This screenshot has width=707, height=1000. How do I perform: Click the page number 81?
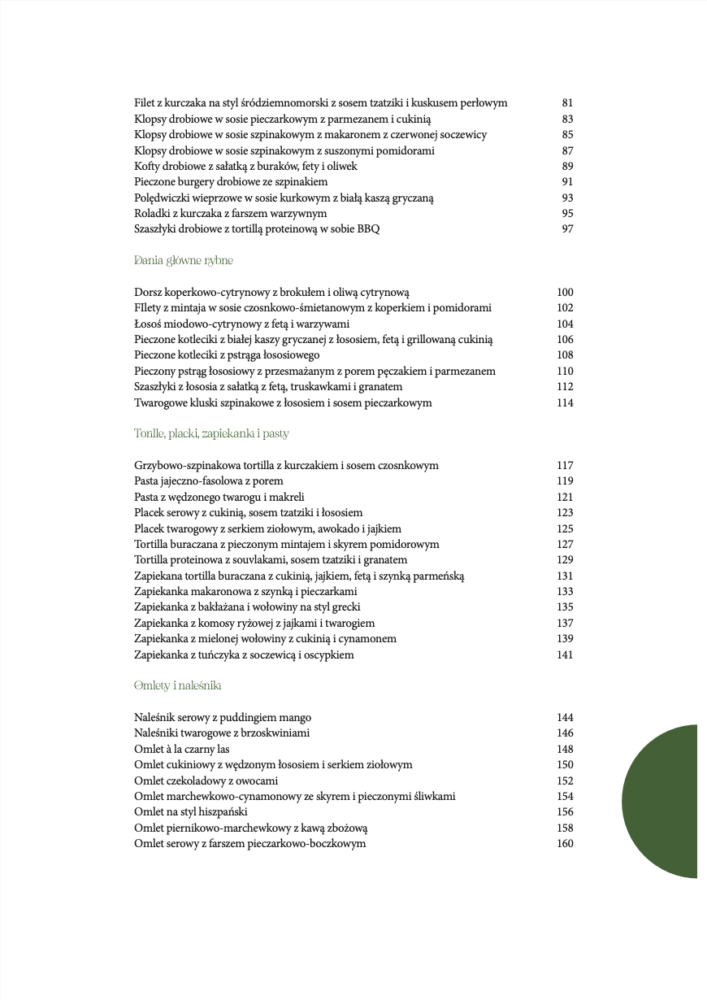click(567, 103)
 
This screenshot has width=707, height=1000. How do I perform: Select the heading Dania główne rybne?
click(184, 261)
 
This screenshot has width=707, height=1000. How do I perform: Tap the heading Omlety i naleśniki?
click(178, 686)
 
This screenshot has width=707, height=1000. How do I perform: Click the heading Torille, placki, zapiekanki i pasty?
click(211, 434)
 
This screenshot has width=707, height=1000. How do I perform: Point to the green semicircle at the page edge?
click(662, 801)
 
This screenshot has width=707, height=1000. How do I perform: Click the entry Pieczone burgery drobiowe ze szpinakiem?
click(231, 182)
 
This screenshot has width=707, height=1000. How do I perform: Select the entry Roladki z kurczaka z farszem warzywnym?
click(231, 214)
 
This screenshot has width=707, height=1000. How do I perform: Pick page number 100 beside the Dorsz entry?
click(565, 293)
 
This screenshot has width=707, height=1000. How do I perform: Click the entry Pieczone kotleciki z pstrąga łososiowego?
click(227, 355)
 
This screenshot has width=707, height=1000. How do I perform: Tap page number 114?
click(565, 403)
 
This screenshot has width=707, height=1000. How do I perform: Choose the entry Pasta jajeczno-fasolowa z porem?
click(209, 481)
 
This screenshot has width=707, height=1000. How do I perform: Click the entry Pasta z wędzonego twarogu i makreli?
click(219, 497)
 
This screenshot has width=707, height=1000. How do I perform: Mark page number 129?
click(565, 560)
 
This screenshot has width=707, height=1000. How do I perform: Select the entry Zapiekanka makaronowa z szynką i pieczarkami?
click(245, 592)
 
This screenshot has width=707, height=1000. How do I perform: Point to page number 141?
click(565, 655)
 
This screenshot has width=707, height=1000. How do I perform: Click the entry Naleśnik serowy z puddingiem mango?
click(223, 718)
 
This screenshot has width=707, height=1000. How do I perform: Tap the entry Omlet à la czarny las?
click(182, 750)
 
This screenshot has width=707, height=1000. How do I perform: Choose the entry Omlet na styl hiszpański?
click(191, 812)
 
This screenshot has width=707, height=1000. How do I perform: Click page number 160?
click(565, 844)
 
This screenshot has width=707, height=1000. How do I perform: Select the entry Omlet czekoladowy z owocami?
click(206, 780)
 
